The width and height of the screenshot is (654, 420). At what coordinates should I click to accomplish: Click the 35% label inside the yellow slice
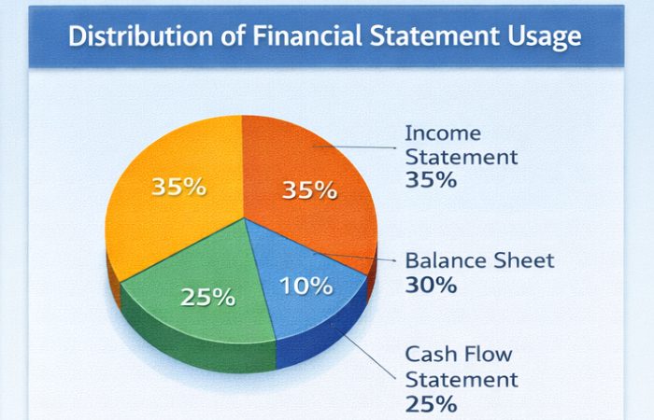pos(178,187)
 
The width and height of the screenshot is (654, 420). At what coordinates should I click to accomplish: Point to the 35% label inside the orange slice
pos(309,190)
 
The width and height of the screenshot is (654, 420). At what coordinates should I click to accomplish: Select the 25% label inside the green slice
pos(207,298)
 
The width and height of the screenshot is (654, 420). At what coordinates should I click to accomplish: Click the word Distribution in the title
pos(122,38)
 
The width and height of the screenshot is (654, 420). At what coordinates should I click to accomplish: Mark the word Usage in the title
pos(542,38)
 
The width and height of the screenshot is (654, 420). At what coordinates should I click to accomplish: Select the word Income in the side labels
pos(443,133)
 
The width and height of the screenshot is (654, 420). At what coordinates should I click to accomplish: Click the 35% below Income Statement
pos(431,179)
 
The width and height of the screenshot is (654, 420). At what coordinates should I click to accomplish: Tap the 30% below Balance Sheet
pos(431,285)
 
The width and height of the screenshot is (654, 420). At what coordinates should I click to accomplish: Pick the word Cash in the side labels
pos(431,356)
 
